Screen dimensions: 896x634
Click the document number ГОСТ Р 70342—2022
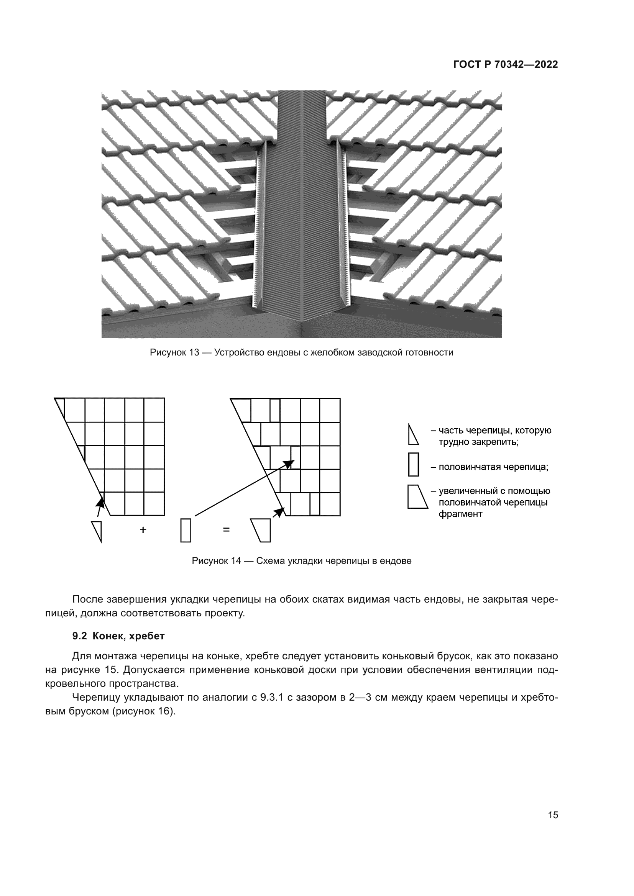[506, 65]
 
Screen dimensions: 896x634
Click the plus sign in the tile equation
[143, 529]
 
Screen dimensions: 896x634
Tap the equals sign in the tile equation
[226, 529]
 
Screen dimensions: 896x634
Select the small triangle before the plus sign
[98, 530]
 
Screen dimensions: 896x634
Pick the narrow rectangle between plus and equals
[186, 530]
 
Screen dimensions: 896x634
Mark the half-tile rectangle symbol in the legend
[414, 464]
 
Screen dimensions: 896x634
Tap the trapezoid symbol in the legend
[417, 497]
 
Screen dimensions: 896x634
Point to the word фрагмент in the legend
[460, 514]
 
